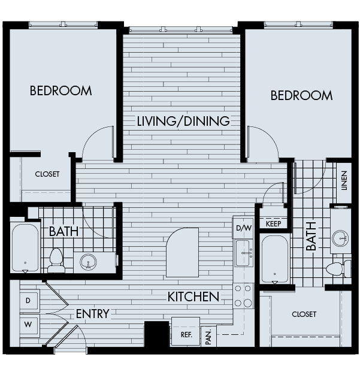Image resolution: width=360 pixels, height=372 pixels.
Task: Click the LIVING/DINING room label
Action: [x=183, y=121]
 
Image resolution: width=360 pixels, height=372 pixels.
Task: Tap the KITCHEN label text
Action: [x=193, y=297]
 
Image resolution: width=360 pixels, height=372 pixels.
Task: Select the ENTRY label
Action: [x=92, y=314]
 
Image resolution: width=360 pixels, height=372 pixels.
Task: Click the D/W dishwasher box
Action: [x=243, y=228]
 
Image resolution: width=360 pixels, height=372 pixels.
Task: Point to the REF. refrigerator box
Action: [x=186, y=334]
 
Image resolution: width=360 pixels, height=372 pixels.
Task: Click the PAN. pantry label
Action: [x=208, y=337]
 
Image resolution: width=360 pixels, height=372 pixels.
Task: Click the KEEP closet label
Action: [x=273, y=223]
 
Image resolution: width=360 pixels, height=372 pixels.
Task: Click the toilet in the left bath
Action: [x=56, y=259]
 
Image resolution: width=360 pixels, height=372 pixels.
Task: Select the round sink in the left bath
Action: [x=89, y=262]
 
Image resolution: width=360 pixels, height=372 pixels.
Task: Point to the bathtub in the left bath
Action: [x=25, y=247]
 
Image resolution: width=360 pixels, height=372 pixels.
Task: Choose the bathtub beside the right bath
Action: [x=275, y=258]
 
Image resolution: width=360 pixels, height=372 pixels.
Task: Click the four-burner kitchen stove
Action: [x=243, y=295]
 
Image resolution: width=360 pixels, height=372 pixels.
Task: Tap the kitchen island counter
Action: [x=182, y=252]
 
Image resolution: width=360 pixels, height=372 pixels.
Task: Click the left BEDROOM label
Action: [x=60, y=91]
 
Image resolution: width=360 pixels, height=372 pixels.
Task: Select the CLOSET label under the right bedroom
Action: [x=304, y=314]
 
